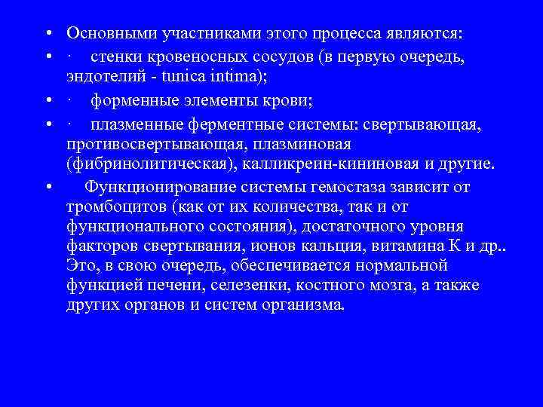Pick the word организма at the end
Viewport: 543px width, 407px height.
tap(301, 304)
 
